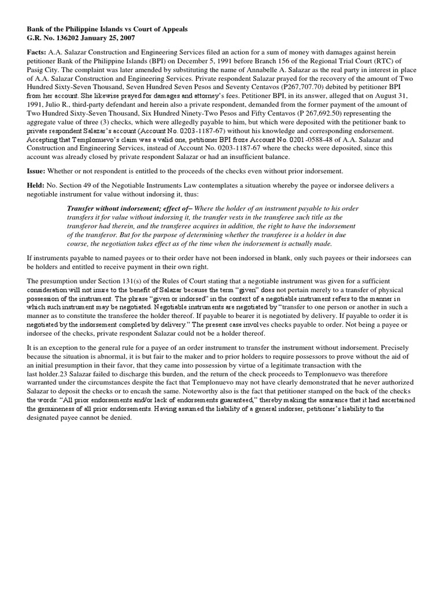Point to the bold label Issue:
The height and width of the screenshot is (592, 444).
pos(38,171)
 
